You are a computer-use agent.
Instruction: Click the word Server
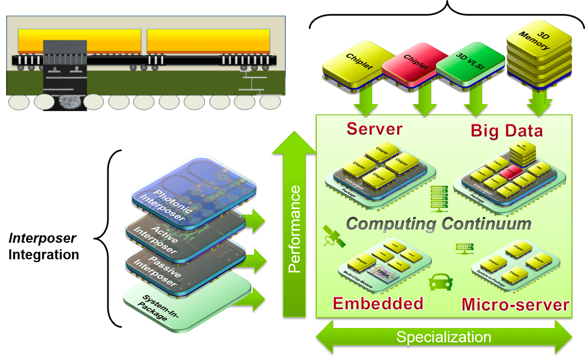coord(374,128)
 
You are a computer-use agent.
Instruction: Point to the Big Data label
coord(507,130)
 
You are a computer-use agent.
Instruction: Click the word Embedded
coord(378,303)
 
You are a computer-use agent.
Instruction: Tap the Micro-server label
coord(515,304)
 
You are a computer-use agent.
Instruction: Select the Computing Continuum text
coord(438,223)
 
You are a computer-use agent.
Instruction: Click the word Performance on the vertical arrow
coord(294,230)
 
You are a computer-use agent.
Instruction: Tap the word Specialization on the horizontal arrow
coord(443,338)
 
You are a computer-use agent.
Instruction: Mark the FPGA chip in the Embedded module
coord(383,272)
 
